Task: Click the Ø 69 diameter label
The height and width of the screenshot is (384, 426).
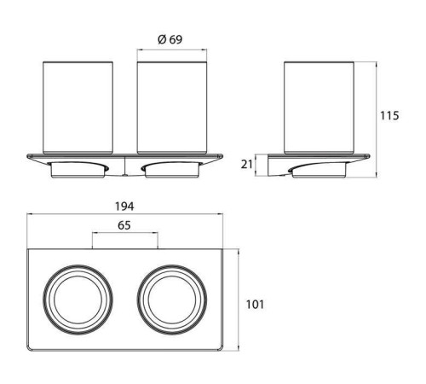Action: point(170,39)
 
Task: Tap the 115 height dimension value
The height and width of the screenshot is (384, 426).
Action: point(389,116)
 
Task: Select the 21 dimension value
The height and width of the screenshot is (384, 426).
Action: point(246,165)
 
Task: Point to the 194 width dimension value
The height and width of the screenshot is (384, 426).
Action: point(124,207)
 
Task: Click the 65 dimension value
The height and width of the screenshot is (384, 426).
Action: point(124,225)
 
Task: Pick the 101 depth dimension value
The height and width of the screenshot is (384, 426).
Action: point(255,305)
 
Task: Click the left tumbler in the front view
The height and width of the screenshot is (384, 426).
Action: point(78,108)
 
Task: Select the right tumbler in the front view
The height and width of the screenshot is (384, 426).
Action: point(172,108)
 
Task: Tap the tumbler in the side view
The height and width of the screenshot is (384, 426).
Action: point(319,108)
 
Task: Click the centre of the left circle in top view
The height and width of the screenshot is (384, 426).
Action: point(78,300)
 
